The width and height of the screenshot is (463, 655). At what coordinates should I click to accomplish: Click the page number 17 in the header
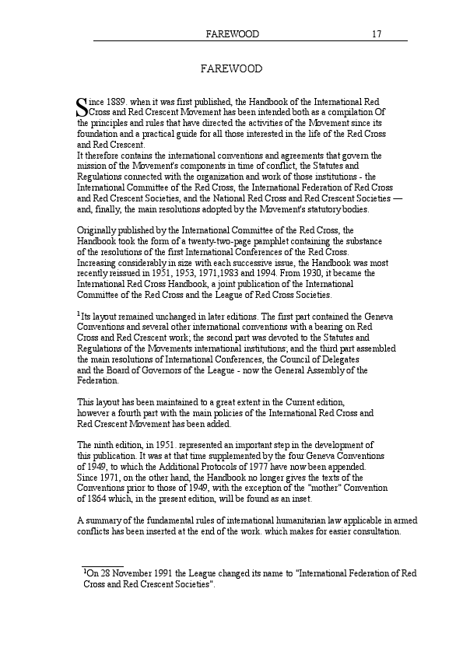376,34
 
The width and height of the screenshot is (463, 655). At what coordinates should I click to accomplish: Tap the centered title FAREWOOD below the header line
231,69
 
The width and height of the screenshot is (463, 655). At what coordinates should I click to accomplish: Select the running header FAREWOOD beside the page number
231,34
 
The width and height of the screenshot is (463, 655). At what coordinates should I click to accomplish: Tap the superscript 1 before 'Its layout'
79,314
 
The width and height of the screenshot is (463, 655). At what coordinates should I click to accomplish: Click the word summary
103,520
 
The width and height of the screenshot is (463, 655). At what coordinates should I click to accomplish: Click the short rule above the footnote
103,567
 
